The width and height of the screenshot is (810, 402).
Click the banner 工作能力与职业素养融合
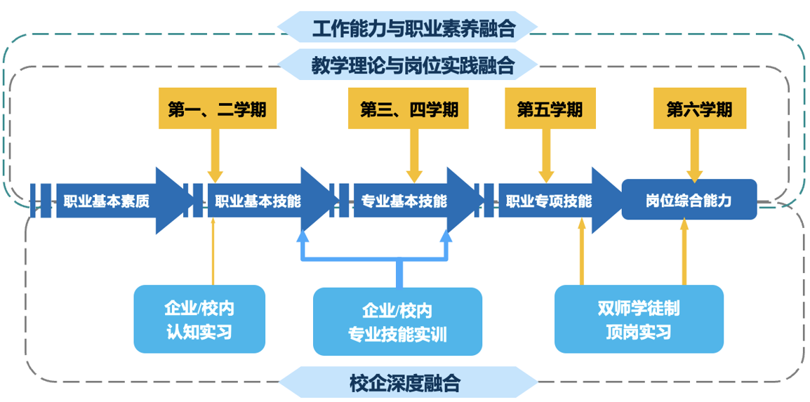pyautogui.click(x=407, y=28)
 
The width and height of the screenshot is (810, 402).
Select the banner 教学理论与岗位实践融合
pyautogui.click(x=407, y=66)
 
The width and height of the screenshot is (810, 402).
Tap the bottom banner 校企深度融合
pyautogui.click(x=407, y=383)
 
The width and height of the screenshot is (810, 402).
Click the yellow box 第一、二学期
pyautogui.click(x=215, y=109)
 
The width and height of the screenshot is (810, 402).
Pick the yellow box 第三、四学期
pyautogui.click(x=409, y=109)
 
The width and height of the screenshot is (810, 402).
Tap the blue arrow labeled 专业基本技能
pyautogui.click(x=404, y=201)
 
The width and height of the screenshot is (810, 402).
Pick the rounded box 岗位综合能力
pyautogui.click(x=689, y=200)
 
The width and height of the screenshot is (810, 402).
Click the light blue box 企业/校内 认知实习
pyautogui.click(x=199, y=319)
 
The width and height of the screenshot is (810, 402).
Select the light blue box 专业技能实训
pyautogui.click(x=397, y=321)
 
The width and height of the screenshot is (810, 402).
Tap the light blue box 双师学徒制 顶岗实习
pyautogui.click(x=639, y=319)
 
